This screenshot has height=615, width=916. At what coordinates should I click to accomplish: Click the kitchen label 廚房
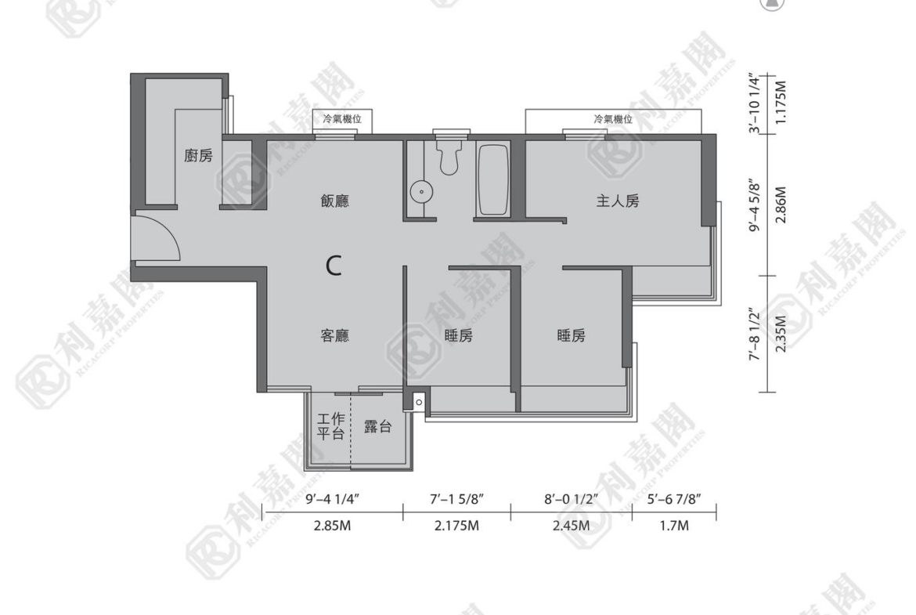(199, 155)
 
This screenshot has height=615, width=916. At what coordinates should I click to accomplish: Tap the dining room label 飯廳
(335, 201)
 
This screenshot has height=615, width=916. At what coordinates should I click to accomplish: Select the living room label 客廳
(335, 335)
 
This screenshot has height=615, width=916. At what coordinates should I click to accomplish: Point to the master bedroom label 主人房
(618, 201)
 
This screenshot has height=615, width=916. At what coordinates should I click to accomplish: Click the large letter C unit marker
(334, 266)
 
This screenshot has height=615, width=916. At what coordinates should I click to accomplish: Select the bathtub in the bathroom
(493, 179)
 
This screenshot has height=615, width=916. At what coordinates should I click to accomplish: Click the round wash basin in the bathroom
(421, 192)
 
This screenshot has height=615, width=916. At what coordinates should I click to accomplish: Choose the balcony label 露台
(377, 427)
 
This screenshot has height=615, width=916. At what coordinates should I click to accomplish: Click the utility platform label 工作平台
(330, 426)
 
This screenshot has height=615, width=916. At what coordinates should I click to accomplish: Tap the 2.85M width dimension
(333, 526)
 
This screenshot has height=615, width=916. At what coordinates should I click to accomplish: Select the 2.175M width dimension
(457, 526)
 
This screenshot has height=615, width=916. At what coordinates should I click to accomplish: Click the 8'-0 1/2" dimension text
(572, 499)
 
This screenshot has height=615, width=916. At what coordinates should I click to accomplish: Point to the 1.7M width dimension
(674, 526)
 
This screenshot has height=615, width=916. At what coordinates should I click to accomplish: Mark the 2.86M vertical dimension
(781, 204)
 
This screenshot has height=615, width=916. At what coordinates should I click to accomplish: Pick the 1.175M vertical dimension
(781, 102)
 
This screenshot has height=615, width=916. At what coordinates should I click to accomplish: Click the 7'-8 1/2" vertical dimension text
(755, 335)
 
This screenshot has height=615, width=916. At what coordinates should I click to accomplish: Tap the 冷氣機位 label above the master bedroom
(613, 119)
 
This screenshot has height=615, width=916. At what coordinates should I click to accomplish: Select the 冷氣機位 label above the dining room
(342, 119)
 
